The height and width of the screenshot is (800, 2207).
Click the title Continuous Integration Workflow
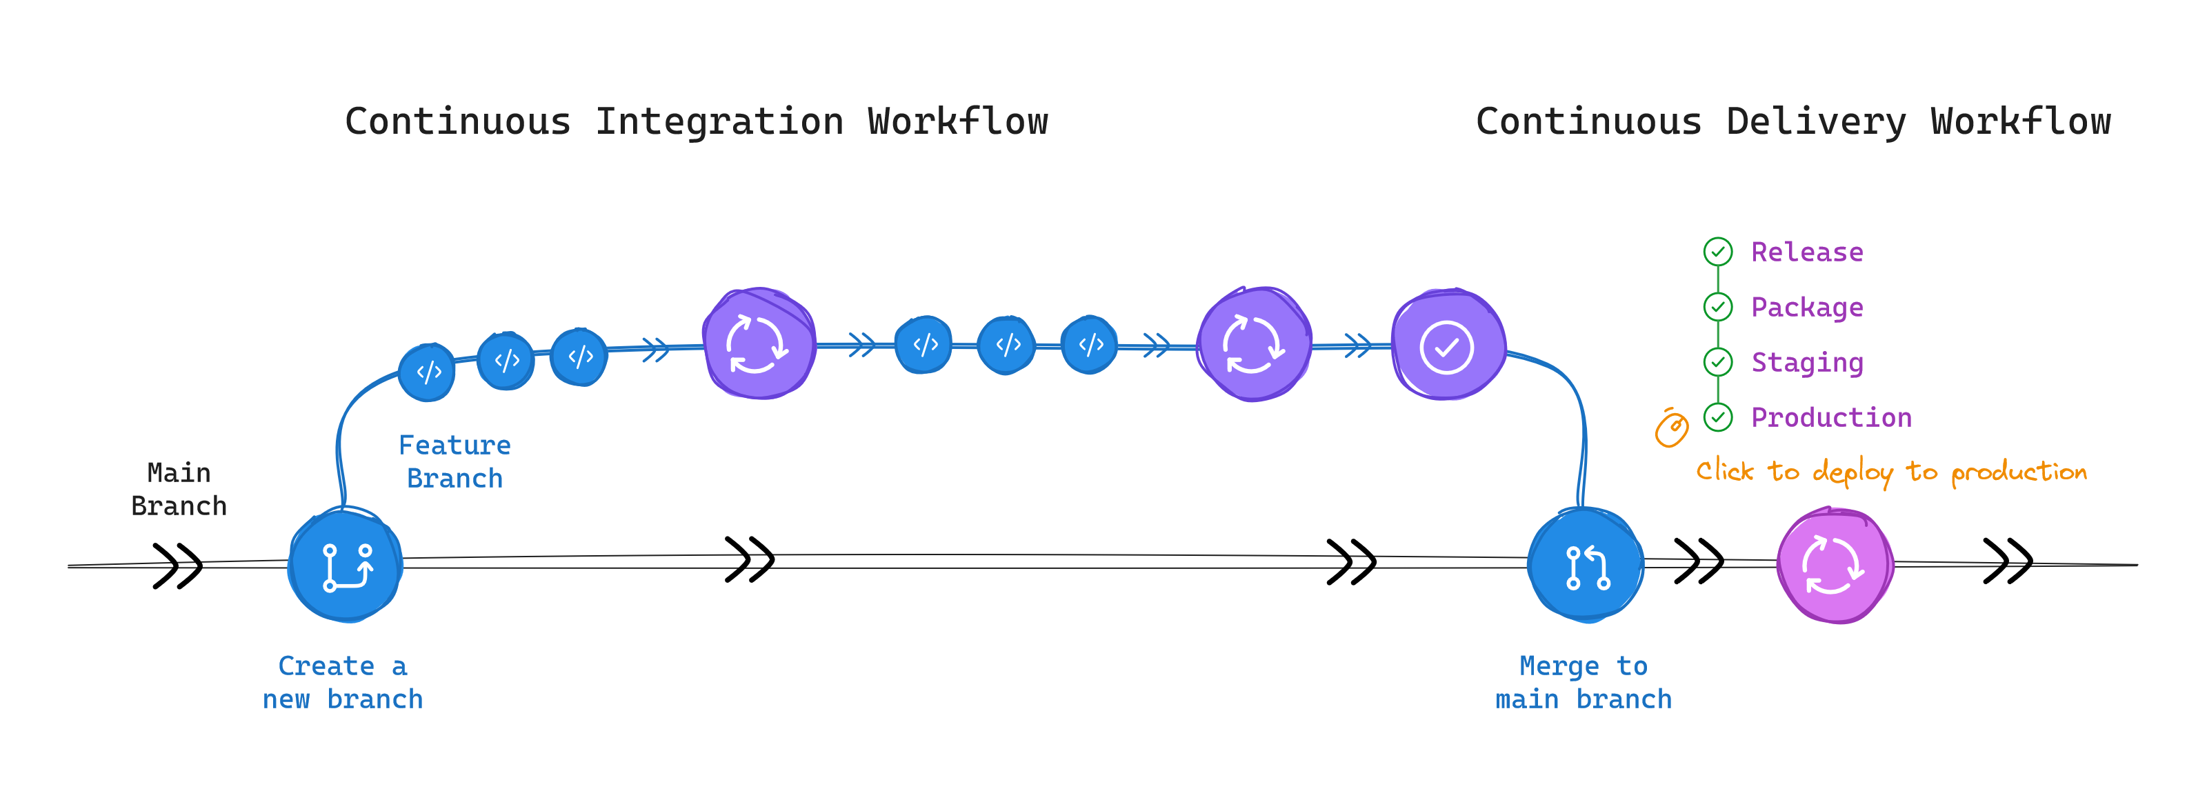click(696, 121)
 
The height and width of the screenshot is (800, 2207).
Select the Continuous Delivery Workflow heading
click(1792, 121)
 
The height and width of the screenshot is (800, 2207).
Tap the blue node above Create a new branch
click(346, 566)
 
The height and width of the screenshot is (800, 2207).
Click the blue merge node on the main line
click(1586, 566)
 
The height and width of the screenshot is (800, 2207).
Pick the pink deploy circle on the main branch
click(1835, 566)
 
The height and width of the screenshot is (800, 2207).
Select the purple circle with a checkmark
click(1447, 346)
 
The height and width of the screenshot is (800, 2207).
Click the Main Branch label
click(179, 489)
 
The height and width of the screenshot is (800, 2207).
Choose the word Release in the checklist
click(1807, 252)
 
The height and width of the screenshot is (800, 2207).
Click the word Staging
click(1807, 362)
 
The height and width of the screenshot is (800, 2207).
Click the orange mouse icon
click(1670, 428)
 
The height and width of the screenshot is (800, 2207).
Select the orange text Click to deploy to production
click(1892, 471)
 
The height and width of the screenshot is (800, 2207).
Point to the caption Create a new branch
click(343, 683)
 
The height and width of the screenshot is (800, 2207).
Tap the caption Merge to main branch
click(1584, 683)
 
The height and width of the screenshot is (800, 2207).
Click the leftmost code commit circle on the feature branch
click(428, 372)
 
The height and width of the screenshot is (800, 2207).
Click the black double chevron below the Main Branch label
click(177, 566)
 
